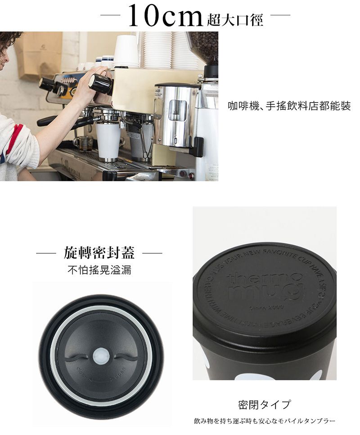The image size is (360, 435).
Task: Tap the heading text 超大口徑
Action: click(x=235, y=20)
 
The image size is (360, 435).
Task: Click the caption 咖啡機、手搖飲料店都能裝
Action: click(x=289, y=107)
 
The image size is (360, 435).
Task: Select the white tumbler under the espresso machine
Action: click(x=108, y=140)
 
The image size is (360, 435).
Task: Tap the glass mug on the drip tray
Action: click(x=83, y=144)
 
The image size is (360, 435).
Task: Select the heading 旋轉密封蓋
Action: click(x=99, y=253)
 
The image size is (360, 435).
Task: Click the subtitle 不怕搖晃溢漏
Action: click(x=99, y=270)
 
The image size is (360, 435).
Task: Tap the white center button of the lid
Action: click(x=99, y=357)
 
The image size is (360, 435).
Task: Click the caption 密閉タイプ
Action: click(x=264, y=404)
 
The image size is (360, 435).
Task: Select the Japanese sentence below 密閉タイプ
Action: click(x=265, y=422)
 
